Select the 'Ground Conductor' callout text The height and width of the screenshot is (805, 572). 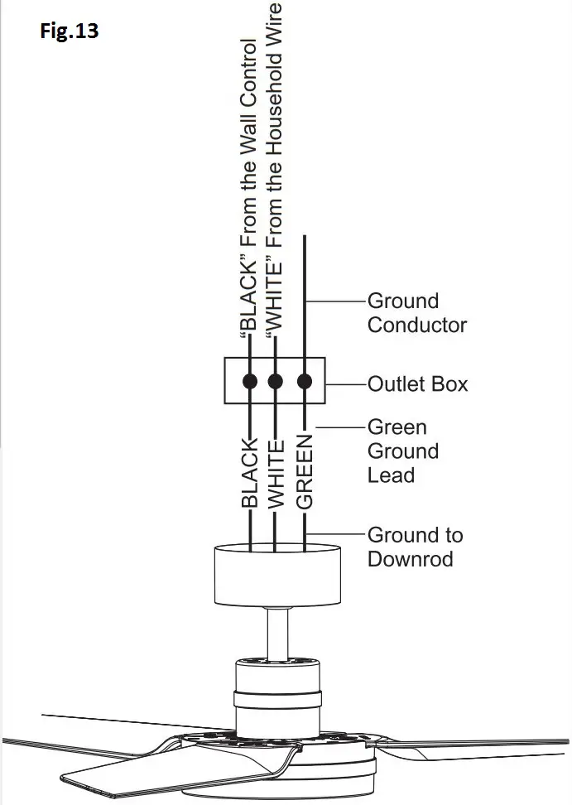(x=416, y=313)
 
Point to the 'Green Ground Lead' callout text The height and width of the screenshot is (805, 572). (x=402, y=451)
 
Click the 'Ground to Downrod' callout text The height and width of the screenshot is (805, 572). (x=415, y=547)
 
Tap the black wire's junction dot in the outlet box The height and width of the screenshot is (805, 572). (x=249, y=382)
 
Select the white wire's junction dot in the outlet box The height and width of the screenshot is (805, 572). (x=276, y=382)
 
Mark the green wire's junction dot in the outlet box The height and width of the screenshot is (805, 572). (x=305, y=382)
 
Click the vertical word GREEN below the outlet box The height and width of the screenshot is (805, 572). (x=305, y=472)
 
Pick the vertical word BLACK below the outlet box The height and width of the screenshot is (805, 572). (x=248, y=472)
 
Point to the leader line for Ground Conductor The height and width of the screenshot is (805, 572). (x=335, y=301)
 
